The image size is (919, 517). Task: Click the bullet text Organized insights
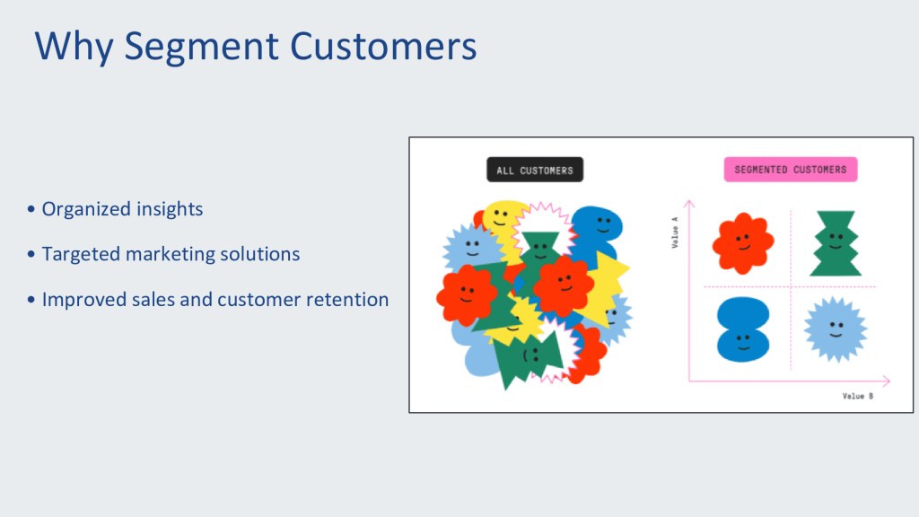122,209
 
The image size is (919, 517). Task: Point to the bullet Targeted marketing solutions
171,254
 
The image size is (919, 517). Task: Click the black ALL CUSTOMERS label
535,171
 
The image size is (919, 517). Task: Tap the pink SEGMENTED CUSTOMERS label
790,170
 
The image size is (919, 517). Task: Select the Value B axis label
857,396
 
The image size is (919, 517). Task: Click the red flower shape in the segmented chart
742,242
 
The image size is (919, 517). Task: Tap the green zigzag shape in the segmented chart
836,243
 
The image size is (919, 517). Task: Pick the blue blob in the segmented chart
743,329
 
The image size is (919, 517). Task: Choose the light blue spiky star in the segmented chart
836,329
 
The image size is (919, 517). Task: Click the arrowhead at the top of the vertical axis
688,204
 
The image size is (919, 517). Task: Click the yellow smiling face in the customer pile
502,218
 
